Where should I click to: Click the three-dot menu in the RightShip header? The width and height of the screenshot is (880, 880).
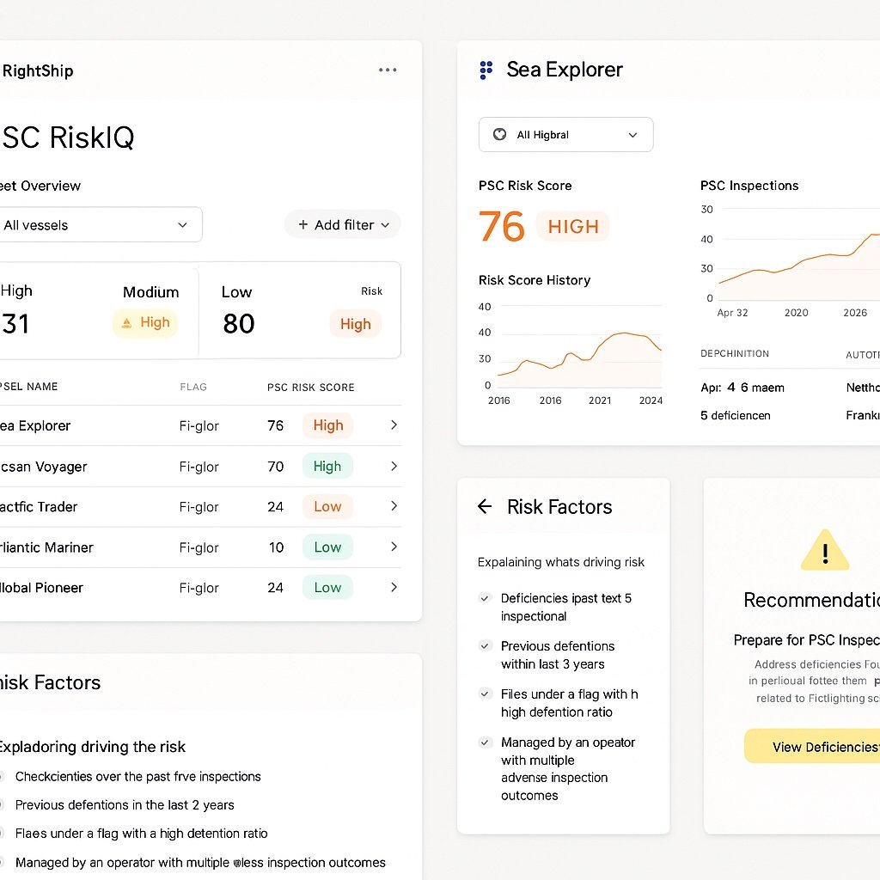tap(388, 70)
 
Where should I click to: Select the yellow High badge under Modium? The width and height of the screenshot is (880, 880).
tap(145, 323)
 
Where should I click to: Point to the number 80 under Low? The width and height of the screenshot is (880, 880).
tap(239, 324)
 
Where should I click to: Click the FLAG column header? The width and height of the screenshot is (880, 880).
tap(193, 387)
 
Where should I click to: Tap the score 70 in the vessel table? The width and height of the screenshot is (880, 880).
tap(276, 467)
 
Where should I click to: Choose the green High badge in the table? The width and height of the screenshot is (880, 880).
tap(327, 467)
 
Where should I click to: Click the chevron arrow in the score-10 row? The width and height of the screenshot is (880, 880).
tap(394, 547)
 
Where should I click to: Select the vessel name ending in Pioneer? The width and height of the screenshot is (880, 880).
tap(41, 588)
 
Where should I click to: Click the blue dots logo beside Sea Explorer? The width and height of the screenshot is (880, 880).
tap(486, 70)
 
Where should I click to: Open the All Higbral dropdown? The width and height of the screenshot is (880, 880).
tap(565, 135)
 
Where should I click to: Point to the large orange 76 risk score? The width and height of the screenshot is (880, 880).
tap(501, 227)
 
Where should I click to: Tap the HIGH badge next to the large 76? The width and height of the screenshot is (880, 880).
tap(573, 227)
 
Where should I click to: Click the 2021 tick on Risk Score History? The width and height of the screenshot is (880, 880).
tap(600, 400)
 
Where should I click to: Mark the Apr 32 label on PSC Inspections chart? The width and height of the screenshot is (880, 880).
tap(732, 313)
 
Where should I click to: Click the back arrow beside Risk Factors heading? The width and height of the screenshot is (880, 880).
tap(485, 507)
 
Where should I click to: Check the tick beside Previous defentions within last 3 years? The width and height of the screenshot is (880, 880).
tap(485, 646)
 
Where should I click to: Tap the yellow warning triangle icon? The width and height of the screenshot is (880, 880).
tap(824, 551)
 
